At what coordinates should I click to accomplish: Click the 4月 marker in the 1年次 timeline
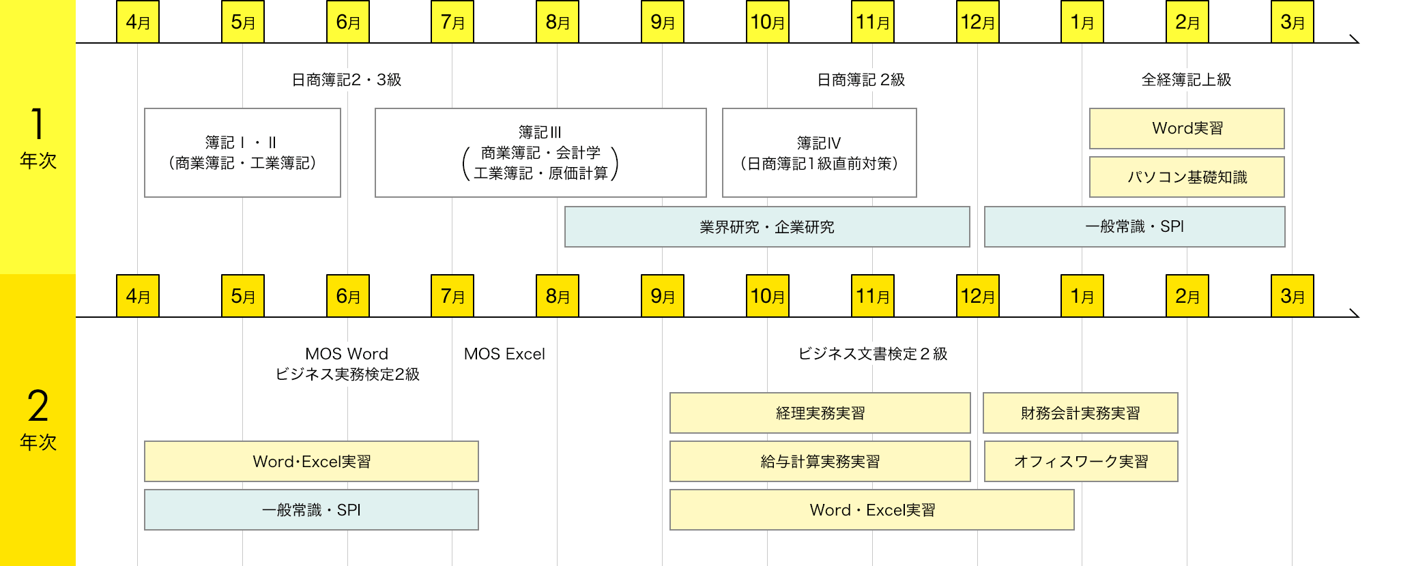(x=138, y=22)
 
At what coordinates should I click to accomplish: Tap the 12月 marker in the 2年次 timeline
(x=977, y=296)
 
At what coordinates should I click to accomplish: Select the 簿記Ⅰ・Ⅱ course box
(x=242, y=153)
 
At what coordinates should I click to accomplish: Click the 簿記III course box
(x=540, y=153)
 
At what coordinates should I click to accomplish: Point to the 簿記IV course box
(x=819, y=153)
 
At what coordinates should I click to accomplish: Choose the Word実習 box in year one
(x=1187, y=128)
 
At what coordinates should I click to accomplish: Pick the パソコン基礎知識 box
(x=1187, y=177)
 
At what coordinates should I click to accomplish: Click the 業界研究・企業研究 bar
(x=767, y=226)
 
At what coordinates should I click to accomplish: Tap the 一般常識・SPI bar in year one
(x=1134, y=226)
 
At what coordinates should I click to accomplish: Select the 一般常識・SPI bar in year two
(x=311, y=510)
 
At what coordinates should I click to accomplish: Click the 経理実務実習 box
(x=820, y=413)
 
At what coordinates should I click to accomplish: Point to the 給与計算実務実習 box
(x=820, y=462)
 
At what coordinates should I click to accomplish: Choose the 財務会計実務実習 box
(x=1080, y=413)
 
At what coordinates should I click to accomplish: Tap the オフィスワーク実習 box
(x=1081, y=462)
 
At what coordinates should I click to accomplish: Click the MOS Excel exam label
(x=504, y=354)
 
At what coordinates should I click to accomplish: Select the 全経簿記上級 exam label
(x=1186, y=80)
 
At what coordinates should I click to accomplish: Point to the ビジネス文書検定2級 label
(x=873, y=354)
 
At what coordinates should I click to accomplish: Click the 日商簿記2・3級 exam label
(x=347, y=80)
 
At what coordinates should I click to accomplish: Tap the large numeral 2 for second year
(x=38, y=406)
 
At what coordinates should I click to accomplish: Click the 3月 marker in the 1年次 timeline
(x=1292, y=22)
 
